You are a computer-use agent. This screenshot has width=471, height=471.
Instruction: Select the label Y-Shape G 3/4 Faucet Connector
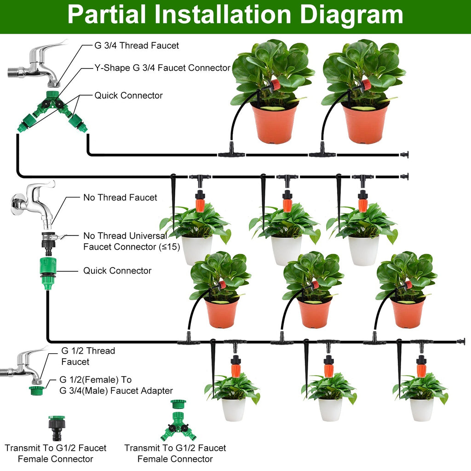point(162,68)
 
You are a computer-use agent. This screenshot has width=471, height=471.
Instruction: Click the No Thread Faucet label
point(120,198)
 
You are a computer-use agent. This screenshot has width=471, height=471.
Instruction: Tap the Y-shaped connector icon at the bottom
point(178,421)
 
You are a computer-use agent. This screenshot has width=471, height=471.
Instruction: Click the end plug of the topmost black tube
point(404,155)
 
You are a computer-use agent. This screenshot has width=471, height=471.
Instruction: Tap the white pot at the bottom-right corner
point(422,409)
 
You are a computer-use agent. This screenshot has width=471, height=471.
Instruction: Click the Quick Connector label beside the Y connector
point(128,96)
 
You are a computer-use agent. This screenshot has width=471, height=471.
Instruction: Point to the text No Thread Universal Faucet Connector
point(125,241)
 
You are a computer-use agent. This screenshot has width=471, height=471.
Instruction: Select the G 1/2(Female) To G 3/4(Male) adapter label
point(116,385)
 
